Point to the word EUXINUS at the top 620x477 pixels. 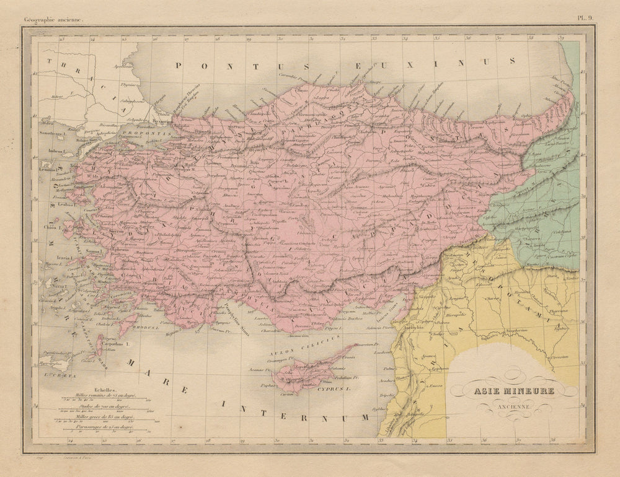click(435, 63)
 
